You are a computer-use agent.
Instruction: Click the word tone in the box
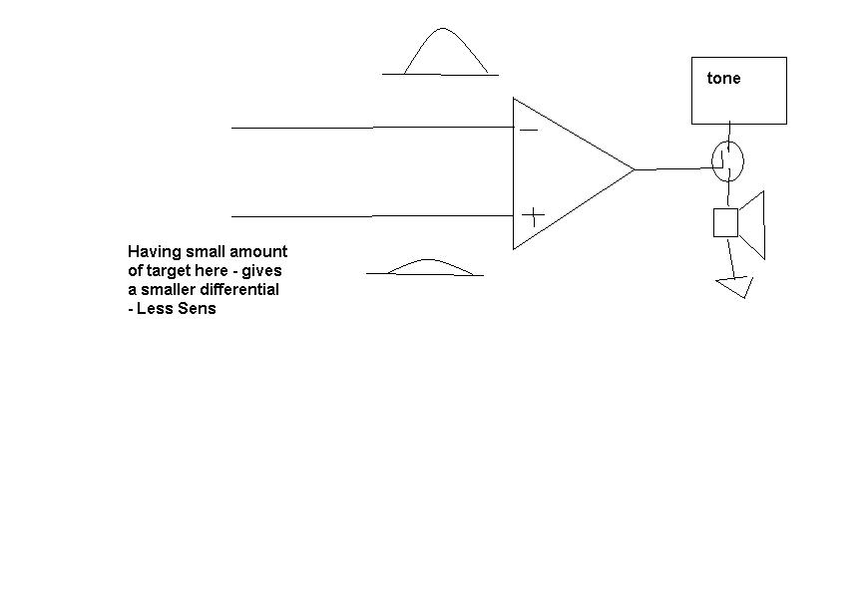click(723, 79)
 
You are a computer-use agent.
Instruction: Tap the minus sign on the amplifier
click(529, 131)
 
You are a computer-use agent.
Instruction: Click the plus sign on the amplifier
click(533, 215)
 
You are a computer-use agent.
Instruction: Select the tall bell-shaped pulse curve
click(442, 29)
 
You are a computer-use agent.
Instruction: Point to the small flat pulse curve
click(428, 259)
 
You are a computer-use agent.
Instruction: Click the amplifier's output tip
click(635, 169)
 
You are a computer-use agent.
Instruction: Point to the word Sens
click(197, 308)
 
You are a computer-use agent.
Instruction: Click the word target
click(168, 271)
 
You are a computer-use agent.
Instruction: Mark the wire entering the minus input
click(372, 128)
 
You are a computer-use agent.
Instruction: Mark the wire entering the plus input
click(372, 216)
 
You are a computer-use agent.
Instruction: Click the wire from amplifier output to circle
click(673, 168)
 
